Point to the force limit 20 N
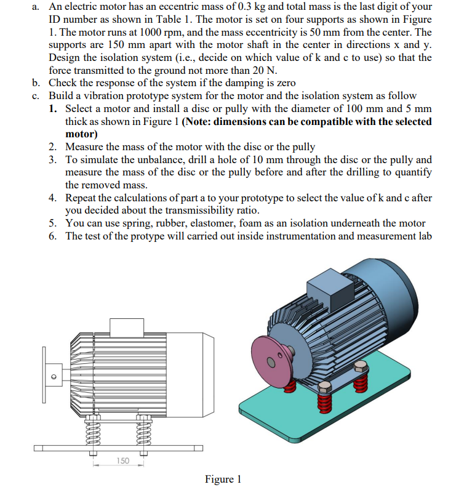tap(262, 70)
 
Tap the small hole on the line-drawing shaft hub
tap(53, 377)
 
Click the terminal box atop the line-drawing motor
tap(127, 327)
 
